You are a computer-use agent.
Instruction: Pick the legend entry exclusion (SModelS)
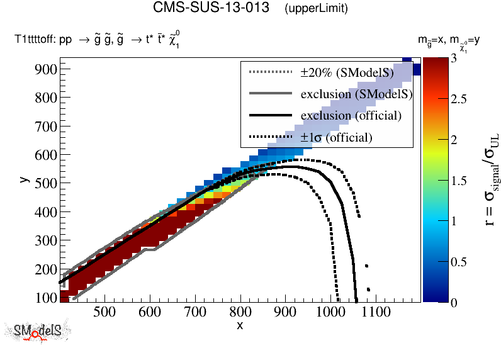click(x=356, y=94)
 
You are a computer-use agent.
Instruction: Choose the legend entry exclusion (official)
click(x=351, y=116)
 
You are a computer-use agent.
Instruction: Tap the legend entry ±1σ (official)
click(x=336, y=137)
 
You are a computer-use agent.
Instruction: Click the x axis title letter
click(x=240, y=325)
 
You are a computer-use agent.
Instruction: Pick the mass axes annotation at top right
click(x=449, y=41)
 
